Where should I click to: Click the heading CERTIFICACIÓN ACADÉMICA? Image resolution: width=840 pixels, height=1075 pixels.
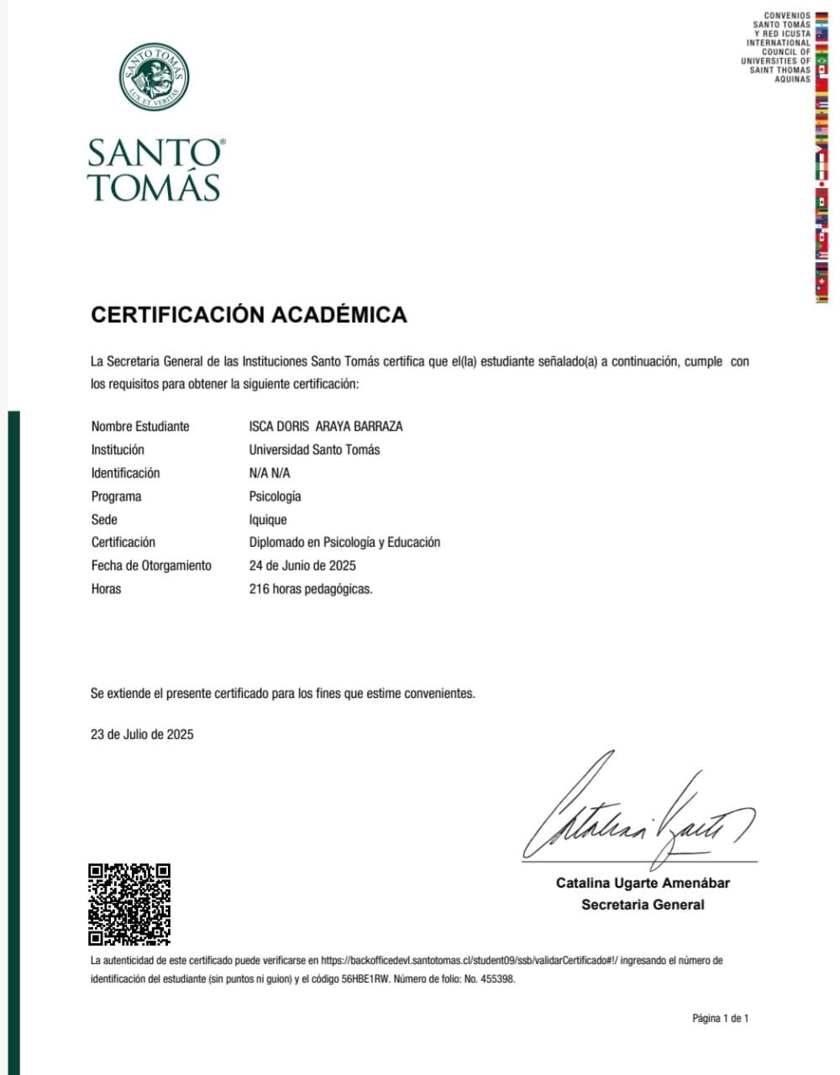[249, 315]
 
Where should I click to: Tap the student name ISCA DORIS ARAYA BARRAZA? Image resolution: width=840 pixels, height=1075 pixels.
[326, 426]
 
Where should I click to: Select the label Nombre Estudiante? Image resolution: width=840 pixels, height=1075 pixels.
[140, 426]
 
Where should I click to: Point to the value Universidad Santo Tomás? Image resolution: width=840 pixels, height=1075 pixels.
[314, 449]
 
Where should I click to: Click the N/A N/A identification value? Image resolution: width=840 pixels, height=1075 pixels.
[270, 473]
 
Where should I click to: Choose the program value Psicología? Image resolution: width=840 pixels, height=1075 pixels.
[275, 496]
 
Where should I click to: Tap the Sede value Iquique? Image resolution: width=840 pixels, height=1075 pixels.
[268, 520]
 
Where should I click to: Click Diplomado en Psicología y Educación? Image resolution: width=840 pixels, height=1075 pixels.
[344, 543]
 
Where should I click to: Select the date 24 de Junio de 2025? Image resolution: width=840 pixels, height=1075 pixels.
[302, 565]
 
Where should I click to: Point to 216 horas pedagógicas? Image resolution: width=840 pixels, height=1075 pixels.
[311, 589]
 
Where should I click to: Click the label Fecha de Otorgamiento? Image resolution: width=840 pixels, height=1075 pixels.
[151, 565]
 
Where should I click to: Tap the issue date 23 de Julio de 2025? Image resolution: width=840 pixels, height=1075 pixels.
[142, 734]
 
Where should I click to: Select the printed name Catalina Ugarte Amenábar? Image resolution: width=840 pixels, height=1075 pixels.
[643, 883]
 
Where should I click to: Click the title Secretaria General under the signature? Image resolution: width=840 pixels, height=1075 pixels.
[643, 905]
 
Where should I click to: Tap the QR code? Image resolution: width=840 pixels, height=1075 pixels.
[129, 905]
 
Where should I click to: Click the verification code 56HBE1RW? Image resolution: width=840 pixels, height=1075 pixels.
[365, 979]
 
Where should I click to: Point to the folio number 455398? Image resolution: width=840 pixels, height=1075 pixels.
[497, 979]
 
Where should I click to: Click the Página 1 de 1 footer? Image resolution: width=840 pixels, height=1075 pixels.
[720, 1019]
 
